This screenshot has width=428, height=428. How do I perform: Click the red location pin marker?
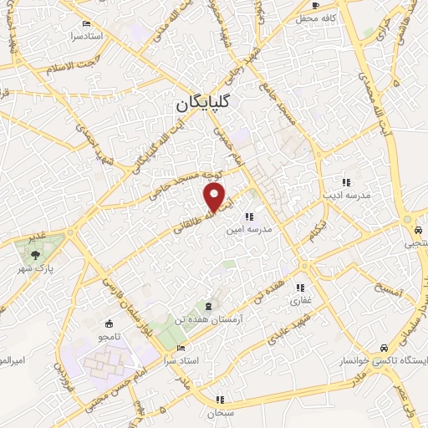click(215, 197)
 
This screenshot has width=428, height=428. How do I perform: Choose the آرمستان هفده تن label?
click(205, 318)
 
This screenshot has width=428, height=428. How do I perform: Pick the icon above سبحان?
click(220, 400)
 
